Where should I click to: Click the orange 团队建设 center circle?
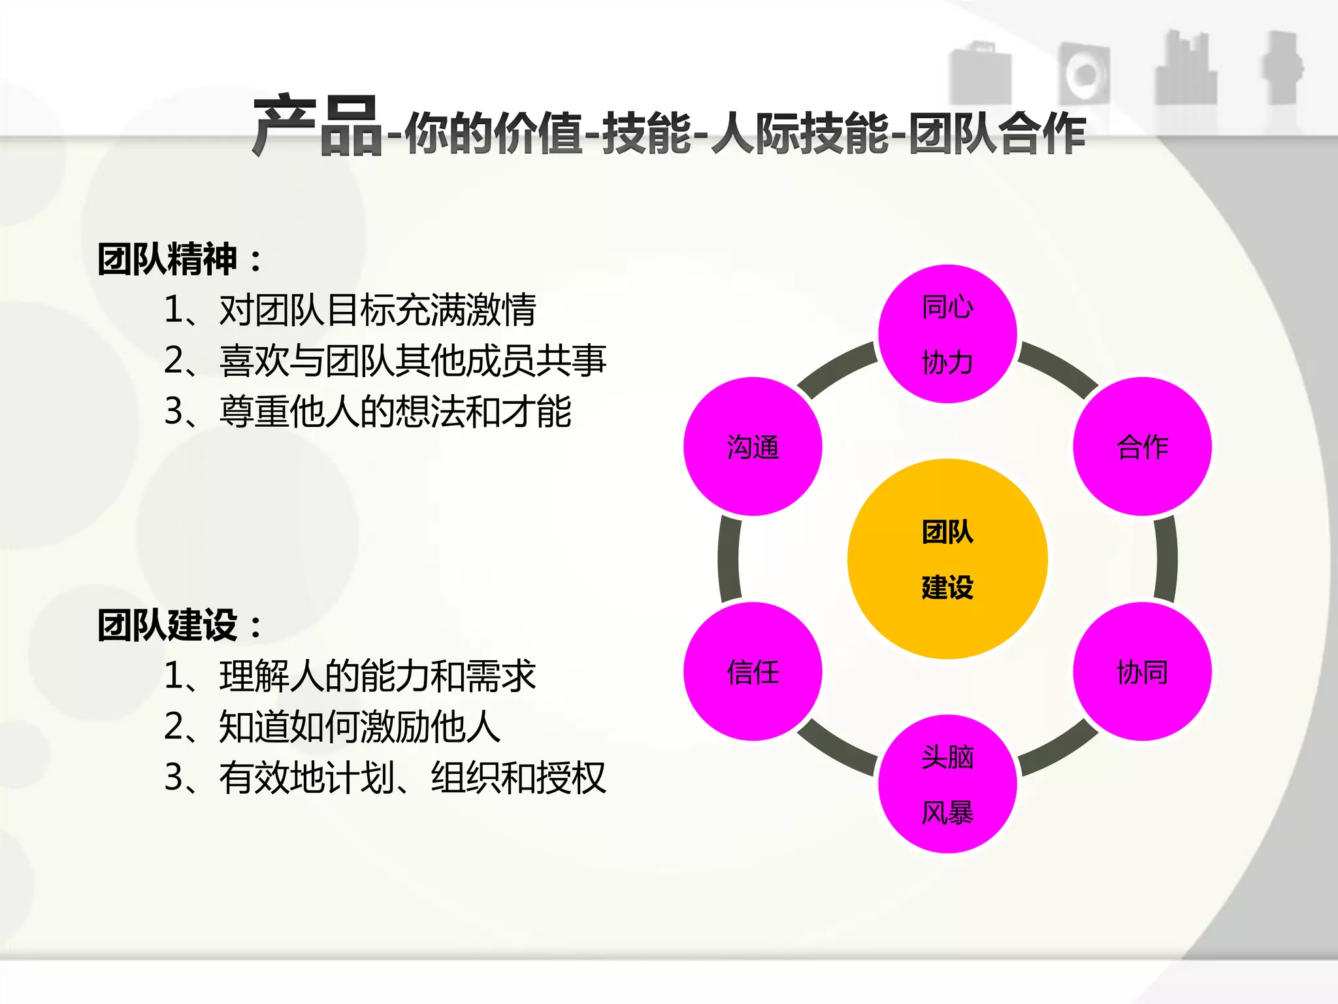point(947,559)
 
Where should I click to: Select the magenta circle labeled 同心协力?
point(947,334)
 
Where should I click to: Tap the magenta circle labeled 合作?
point(1142,446)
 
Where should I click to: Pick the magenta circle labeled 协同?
point(1142,671)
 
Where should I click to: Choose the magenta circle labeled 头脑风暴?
point(947,784)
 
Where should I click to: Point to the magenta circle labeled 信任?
point(753,671)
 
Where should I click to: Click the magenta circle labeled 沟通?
point(753,446)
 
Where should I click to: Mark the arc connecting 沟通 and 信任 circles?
point(728,559)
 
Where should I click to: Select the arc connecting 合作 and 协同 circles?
point(1166,559)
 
